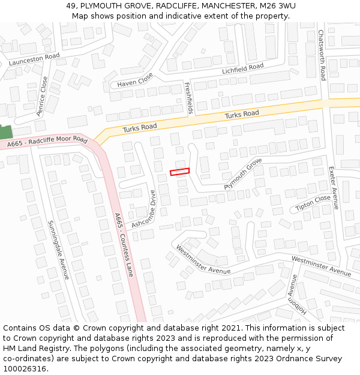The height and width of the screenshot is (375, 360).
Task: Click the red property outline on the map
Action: pos(179,172)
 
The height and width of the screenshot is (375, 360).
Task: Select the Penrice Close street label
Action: pos(42,96)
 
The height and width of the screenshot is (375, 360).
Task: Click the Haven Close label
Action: pos(135,80)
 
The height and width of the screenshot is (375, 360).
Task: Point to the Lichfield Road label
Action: pos(242,69)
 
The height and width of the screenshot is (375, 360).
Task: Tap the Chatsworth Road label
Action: pos(322,55)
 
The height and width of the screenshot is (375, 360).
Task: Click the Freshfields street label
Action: pos(189,98)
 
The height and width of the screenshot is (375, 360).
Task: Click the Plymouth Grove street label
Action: pos(243,174)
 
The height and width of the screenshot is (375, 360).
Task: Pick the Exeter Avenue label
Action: pos(334,188)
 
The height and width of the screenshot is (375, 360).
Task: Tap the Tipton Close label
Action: pos(313,203)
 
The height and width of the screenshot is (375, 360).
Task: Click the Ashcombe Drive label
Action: pos(147,208)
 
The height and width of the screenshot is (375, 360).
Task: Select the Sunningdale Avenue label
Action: pos(59,250)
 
